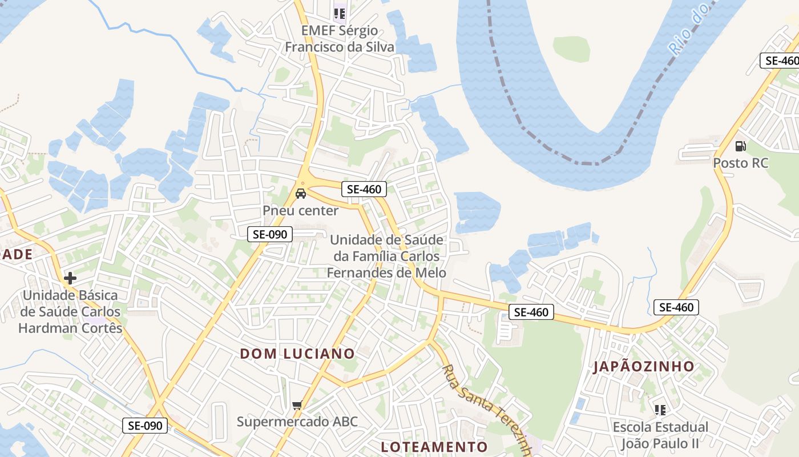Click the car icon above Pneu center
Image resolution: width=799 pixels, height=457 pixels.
(300, 193)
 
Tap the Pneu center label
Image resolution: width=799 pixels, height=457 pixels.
(300, 211)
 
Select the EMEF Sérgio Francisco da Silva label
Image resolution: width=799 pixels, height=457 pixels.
(340, 38)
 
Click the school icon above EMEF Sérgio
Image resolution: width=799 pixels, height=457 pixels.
(340, 13)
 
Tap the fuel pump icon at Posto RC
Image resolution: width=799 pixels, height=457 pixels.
(740, 146)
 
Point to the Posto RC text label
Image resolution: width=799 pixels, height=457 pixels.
(740, 163)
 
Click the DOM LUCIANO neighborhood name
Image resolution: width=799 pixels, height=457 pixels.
(297, 354)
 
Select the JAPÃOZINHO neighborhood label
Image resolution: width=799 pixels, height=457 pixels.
(644, 367)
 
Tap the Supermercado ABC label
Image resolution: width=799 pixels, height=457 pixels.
(297, 422)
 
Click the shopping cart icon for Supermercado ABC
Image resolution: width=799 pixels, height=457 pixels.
(297, 406)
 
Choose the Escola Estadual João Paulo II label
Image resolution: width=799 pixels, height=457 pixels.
(660, 435)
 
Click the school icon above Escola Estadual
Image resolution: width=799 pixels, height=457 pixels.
(660, 410)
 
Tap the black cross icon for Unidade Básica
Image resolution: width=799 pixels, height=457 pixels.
(70, 278)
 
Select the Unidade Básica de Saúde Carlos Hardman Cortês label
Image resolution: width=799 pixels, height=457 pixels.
(70, 311)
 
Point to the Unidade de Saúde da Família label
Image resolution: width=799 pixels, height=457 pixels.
(386, 256)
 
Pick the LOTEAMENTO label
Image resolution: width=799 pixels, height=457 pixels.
(434, 447)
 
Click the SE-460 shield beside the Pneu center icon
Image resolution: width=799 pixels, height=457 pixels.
(364, 189)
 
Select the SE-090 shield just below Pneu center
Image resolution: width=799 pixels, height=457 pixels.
(270, 234)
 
